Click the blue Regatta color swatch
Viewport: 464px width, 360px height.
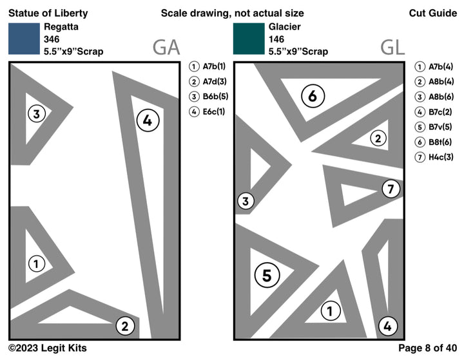pos(24,39)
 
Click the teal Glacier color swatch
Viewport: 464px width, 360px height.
pos(249,39)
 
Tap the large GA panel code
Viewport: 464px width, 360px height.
pos(166,47)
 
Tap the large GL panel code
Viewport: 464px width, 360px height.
pos(392,47)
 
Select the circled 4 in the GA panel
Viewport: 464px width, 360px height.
pos(148,120)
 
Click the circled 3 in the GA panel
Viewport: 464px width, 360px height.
pos(37,115)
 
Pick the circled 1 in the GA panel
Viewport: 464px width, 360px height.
pos(37,263)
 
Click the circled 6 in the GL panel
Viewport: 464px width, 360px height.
pos(313,97)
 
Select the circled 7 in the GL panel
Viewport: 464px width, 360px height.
pos(391,189)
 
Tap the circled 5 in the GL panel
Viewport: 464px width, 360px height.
pos(267,275)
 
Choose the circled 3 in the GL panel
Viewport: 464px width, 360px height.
pos(246,202)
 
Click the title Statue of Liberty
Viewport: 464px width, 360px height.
pos(48,13)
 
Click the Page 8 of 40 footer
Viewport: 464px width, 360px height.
pos(427,348)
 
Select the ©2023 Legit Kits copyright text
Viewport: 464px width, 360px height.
pos(47,348)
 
